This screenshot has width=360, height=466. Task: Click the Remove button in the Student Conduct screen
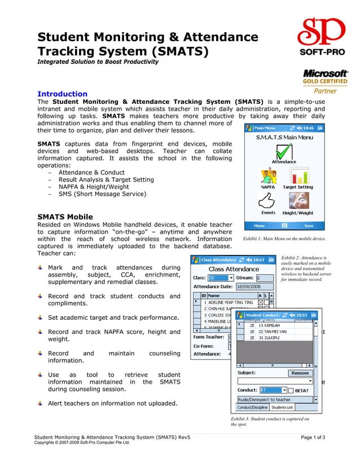point(300,373)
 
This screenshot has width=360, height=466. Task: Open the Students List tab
point(282,407)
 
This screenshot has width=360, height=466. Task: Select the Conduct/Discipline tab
point(252,407)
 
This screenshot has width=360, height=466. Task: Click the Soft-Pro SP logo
point(319,37)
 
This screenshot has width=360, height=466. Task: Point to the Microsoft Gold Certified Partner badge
point(326,81)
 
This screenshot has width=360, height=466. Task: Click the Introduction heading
point(62,94)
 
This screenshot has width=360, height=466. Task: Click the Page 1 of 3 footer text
point(313,437)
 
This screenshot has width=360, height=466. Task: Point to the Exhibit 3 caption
point(269,421)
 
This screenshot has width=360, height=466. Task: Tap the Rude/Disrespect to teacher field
point(274,399)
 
